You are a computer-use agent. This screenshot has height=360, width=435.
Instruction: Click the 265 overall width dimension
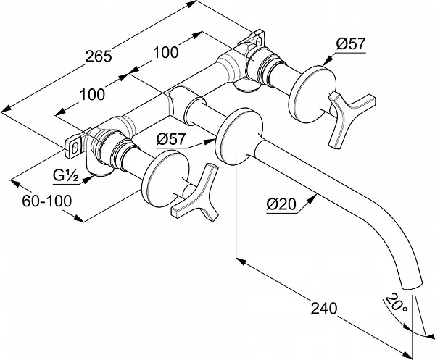pos(99,56)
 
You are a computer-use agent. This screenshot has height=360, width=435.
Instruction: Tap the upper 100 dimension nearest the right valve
pos(165,52)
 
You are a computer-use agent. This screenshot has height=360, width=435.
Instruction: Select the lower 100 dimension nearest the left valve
pos(92,94)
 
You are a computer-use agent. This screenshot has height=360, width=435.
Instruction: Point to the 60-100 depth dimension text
pos(47,201)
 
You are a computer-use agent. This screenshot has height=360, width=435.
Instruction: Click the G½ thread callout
pos(65,176)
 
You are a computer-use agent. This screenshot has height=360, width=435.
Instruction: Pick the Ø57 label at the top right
pos(351,43)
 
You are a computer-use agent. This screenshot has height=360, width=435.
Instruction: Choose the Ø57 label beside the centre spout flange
pos(171,139)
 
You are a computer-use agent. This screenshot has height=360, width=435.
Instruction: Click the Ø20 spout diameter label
pos(281,205)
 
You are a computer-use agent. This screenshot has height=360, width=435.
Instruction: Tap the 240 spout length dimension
pos(324,308)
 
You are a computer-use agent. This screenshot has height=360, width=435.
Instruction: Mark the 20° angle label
pos(396,303)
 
